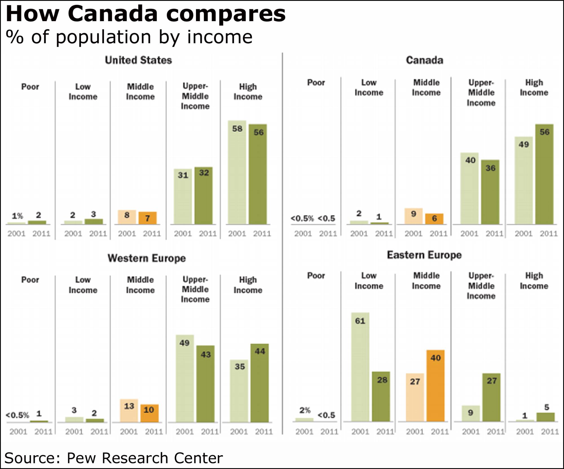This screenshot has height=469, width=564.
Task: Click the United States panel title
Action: point(138,60)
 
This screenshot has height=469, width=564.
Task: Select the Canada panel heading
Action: point(424,60)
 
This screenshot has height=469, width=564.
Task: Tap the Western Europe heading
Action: point(147,258)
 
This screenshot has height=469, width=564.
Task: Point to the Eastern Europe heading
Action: point(424,255)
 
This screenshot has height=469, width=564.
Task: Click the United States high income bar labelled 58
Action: point(237,172)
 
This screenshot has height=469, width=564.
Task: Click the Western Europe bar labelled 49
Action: point(185,378)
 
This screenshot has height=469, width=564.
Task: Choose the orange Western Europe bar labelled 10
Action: point(149,413)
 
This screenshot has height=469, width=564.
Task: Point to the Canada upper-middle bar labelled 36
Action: point(490,192)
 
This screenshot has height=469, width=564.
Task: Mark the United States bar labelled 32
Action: point(204,196)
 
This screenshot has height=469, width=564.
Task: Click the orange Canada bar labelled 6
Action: point(434,219)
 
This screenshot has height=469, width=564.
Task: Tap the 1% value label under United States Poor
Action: point(17,216)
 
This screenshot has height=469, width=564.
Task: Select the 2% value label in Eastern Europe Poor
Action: point(305,410)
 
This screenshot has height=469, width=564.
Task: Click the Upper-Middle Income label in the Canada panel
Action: point(481,92)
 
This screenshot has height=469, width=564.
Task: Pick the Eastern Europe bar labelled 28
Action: point(381,397)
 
